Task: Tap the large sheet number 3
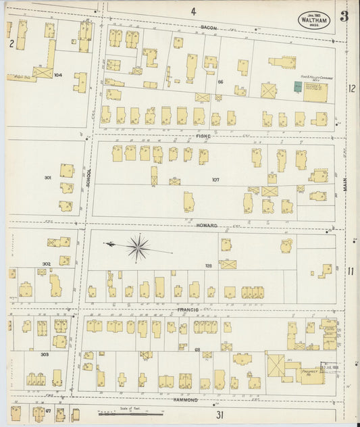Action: [x=344, y=17]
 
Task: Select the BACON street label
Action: [x=207, y=28]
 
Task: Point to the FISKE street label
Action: [x=203, y=136]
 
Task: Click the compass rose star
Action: [x=138, y=248]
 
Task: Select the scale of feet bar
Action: [x=125, y=413]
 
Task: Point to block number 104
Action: [x=57, y=75]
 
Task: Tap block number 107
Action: [x=215, y=180]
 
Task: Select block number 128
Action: [x=209, y=266]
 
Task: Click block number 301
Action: [x=47, y=178]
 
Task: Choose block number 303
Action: [x=45, y=354]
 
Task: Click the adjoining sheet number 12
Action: [x=351, y=89]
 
